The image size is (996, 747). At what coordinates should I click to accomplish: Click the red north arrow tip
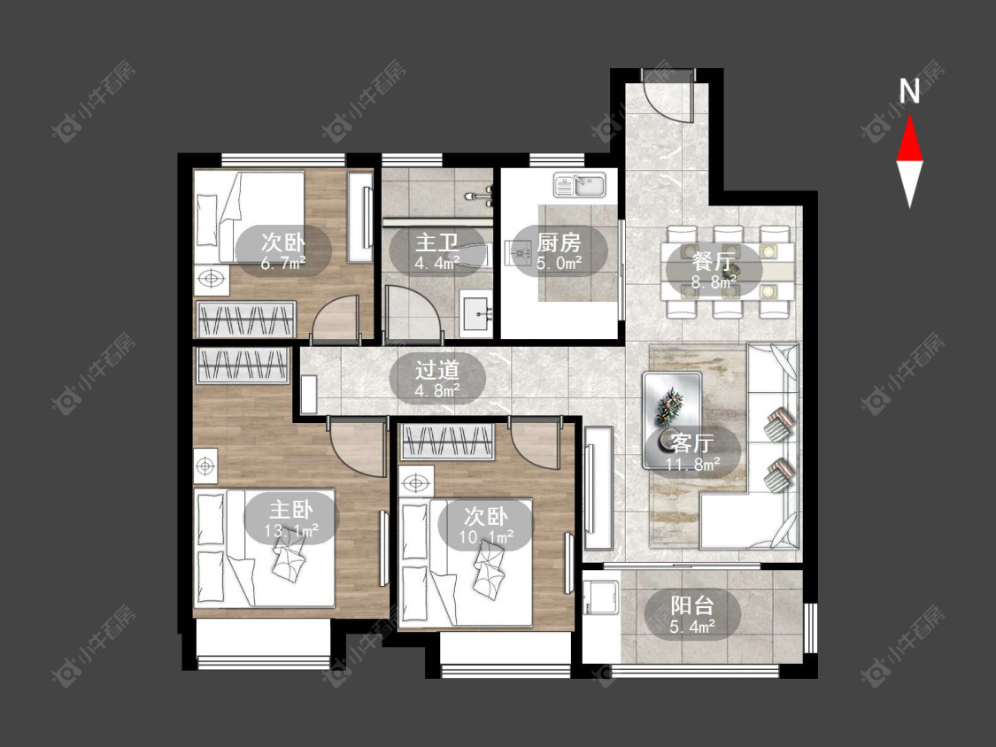(909, 116)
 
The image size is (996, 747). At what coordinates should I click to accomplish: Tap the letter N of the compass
(909, 91)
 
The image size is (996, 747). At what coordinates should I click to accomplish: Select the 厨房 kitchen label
(559, 242)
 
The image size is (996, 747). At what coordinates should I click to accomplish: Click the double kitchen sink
(581, 185)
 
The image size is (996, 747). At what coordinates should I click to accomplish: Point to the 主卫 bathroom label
(436, 242)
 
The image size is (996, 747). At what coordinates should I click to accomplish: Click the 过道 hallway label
(437, 370)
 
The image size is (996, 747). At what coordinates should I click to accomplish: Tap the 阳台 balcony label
(692, 605)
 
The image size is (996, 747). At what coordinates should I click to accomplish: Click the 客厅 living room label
(693, 443)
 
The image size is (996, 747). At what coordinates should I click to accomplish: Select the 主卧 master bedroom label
(291, 510)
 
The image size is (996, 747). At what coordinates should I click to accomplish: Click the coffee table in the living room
(672, 420)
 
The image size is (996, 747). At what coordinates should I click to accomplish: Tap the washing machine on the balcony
(601, 595)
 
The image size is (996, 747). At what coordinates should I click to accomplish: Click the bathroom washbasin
(476, 312)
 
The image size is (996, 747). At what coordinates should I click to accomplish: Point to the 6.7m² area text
(283, 263)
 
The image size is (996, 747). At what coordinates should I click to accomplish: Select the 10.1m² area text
(487, 537)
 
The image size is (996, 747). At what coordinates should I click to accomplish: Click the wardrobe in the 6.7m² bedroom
(246, 320)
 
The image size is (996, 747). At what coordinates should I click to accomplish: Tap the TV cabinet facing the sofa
(598, 488)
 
